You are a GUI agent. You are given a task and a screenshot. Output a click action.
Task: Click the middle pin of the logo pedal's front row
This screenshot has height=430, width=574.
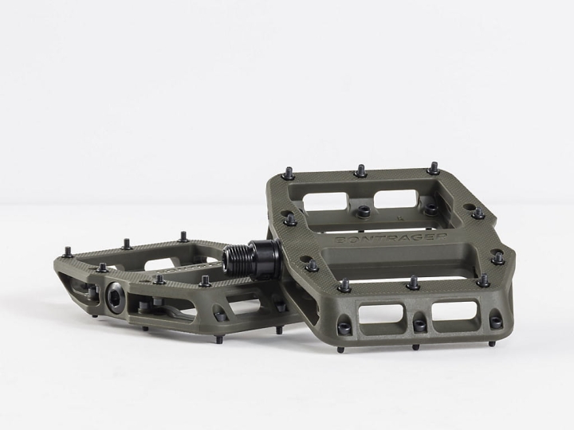[x=414, y=283]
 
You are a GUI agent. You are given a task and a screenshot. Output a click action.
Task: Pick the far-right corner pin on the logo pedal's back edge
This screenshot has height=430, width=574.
[x=433, y=168]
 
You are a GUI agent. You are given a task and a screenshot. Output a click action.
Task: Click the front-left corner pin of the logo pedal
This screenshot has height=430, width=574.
[x=344, y=284]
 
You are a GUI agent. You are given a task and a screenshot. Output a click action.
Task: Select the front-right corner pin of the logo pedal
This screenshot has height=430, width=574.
[x=483, y=280]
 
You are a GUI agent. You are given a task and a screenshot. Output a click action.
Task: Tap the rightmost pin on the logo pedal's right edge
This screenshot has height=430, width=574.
[x=497, y=257]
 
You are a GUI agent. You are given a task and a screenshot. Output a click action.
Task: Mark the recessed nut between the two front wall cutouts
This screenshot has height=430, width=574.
[x=419, y=323]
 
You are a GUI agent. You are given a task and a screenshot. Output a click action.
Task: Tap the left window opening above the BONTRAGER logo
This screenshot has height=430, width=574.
[x=325, y=199]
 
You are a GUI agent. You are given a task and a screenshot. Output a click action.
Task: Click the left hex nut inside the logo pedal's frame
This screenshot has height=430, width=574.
[x=363, y=211]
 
